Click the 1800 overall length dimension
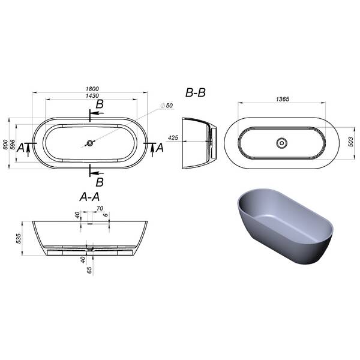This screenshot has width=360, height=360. (92, 89)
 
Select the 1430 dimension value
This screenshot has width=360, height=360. (92, 96)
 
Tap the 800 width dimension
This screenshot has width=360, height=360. (5, 145)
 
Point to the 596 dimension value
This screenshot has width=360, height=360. (13, 145)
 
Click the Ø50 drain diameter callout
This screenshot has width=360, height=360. (167, 106)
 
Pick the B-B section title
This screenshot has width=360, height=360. (196, 93)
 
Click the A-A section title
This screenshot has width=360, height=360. (89, 197)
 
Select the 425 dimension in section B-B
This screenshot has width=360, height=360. (173, 137)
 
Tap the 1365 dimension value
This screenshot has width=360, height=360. (283, 99)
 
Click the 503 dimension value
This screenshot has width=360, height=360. (350, 142)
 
